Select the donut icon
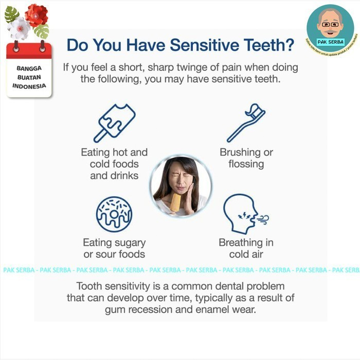tap(114, 214)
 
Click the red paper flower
tap(36, 15)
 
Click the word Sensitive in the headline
tap(205, 46)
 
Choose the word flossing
tap(246, 165)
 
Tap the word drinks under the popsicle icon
tap(124, 175)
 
